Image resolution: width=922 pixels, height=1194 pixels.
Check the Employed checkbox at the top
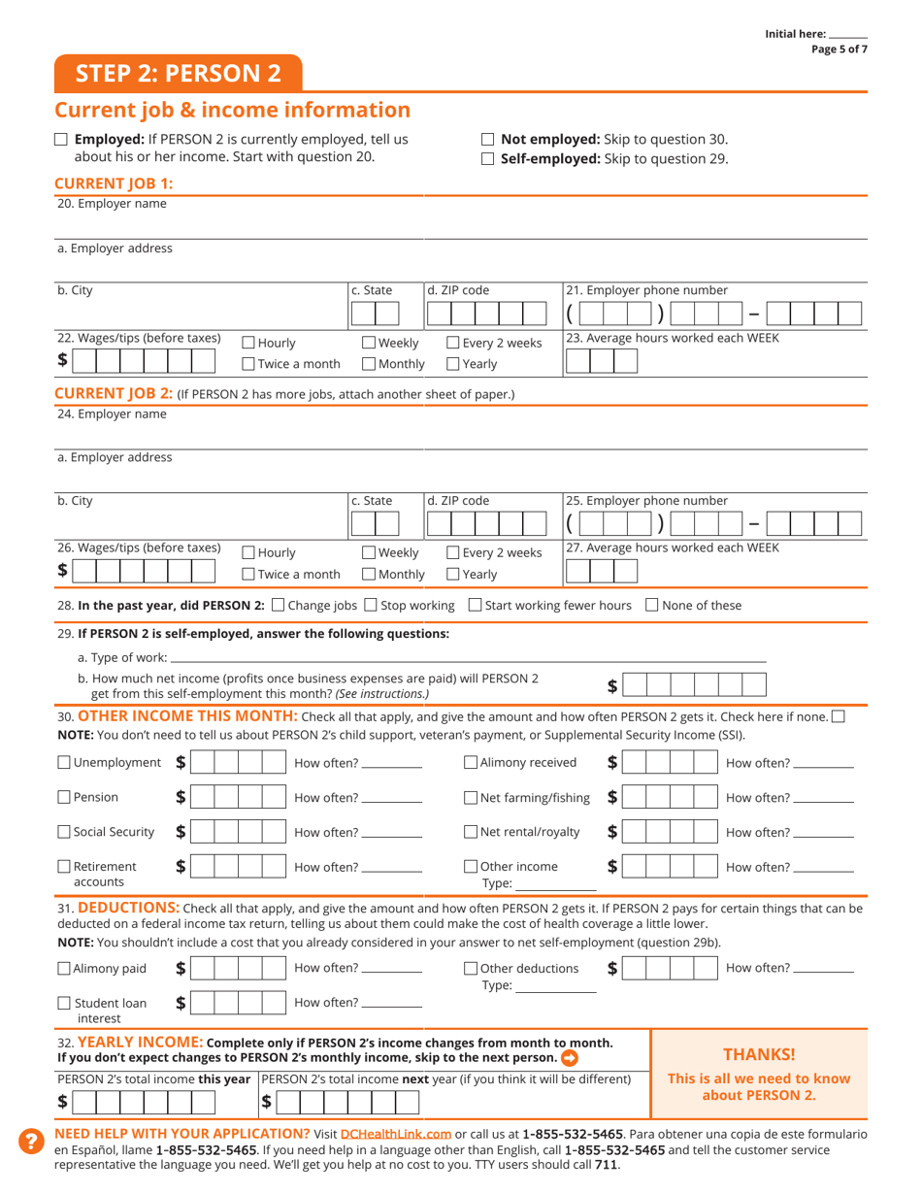pyautogui.click(x=61, y=140)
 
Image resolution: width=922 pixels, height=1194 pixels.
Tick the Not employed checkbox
pyautogui.click(x=488, y=140)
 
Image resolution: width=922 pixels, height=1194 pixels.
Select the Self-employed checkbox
pyautogui.click(x=488, y=159)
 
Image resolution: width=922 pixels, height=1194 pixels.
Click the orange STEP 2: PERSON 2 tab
pyautogui.click(x=179, y=74)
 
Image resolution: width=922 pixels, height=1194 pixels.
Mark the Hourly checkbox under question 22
pyautogui.click(x=247, y=343)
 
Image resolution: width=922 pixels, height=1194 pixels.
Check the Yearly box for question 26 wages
pyautogui.click(x=453, y=575)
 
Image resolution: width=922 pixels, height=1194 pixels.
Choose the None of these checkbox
pyautogui.click(x=652, y=606)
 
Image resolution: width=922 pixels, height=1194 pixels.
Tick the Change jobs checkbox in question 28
pyautogui.click(x=280, y=606)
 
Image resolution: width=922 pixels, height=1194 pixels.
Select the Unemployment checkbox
pyautogui.click(x=64, y=763)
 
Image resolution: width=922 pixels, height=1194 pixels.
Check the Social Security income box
pyautogui.click(x=64, y=832)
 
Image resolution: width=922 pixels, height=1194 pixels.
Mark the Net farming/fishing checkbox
pyautogui.click(x=471, y=798)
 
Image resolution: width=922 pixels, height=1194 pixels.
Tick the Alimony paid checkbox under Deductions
pyautogui.click(x=64, y=969)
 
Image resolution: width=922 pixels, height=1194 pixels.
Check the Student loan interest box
pyautogui.click(x=64, y=1004)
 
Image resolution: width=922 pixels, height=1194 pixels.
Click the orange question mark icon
pyautogui.click(x=31, y=1142)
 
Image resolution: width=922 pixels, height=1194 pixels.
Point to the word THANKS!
pyautogui.click(x=759, y=1054)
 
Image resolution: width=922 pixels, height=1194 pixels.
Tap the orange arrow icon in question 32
pyautogui.click(x=570, y=1057)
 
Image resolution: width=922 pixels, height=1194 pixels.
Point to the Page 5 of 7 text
pyautogui.click(x=840, y=50)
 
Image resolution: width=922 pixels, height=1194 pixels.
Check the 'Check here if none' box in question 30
pyautogui.click(x=839, y=717)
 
